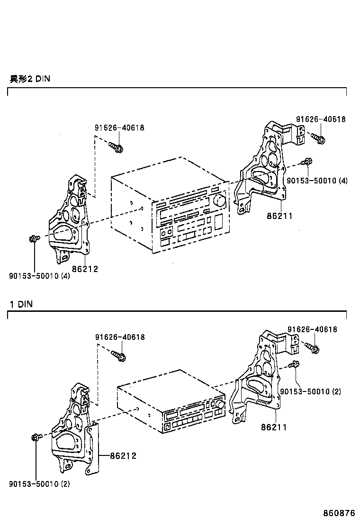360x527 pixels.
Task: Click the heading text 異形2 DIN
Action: click(x=29, y=79)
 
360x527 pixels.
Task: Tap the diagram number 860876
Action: click(x=339, y=513)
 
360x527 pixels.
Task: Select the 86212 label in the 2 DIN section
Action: click(x=86, y=269)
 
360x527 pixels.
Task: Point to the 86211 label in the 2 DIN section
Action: click(x=280, y=216)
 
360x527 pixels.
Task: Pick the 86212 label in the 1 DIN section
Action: click(x=123, y=455)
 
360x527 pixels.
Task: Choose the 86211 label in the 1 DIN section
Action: click(x=274, y=427)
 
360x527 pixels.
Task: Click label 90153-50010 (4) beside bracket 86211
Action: click(x=317, y=181)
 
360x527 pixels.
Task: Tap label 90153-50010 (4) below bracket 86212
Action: click(x=39, y=276)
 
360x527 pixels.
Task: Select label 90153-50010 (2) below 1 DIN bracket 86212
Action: click(x=39, y=484)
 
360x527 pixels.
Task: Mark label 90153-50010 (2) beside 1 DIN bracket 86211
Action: click(x=310, y=391)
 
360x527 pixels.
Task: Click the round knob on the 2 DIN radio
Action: click(x=219, y=200)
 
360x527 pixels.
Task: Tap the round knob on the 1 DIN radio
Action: click(x=218, y=404)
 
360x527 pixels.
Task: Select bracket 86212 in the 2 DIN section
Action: click(x=70, y=223)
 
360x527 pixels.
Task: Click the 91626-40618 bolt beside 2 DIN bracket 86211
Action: click(x=318, y=138)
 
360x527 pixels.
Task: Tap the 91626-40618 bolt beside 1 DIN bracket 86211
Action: click(x=313, y=348)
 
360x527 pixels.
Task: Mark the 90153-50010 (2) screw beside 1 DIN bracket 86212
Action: click(x=36, y=437)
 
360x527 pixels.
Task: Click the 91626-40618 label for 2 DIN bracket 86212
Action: click(x=119, y=127)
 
